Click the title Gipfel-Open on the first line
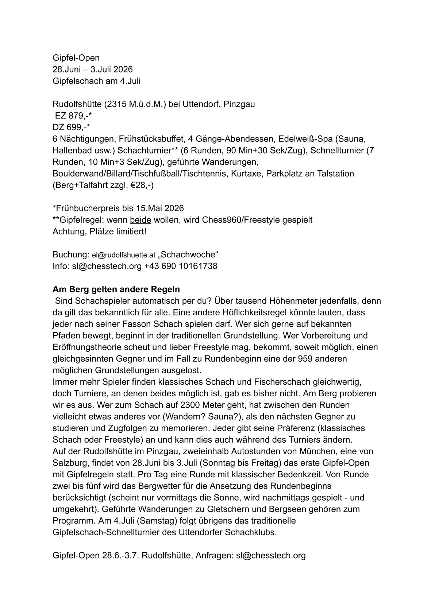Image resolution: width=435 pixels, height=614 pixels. [76, 58]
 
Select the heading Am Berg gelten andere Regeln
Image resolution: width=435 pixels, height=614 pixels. [116, 289]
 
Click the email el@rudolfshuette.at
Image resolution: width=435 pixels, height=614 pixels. [124, 255]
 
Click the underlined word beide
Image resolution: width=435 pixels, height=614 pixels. [140, 220]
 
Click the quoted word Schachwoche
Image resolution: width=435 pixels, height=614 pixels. [189, 254]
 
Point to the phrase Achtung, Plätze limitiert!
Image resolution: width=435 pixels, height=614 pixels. [99, 232]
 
